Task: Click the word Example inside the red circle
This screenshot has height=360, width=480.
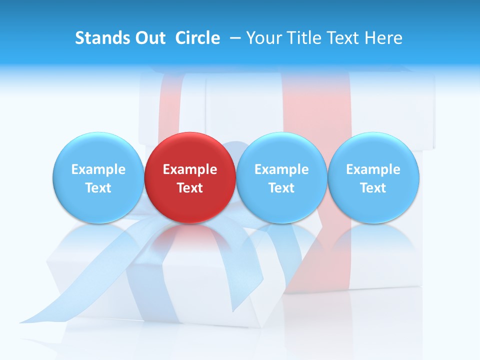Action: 190,169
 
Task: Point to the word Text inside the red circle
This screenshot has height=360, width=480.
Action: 190,188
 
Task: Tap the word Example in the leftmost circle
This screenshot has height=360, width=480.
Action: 98,169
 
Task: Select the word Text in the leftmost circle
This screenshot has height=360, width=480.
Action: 98,188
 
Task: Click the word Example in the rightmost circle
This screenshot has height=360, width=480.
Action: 373,169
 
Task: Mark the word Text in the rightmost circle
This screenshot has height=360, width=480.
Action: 373,188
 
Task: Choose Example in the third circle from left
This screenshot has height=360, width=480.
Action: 281,169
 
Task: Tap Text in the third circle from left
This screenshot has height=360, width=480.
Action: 281,188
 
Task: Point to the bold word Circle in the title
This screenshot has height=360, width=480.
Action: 197,38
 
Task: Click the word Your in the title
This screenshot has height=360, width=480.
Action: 263,38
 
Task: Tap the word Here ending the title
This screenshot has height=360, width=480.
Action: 384,38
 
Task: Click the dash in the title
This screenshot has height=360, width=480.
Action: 235,38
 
